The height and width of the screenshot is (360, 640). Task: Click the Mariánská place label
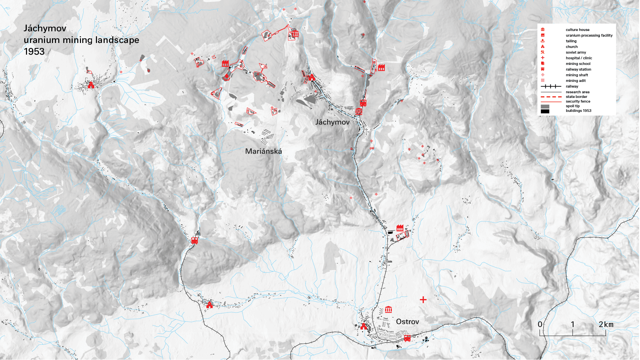pyautogui.click(x=263, y=152)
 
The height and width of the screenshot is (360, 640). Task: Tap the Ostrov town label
pyautogui.click(x=407, y=322)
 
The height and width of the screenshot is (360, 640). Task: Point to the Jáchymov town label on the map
pyautogui.click(x=332, y=122)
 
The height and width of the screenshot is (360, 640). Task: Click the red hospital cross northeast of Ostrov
pyautogui.click(x=423, y=300)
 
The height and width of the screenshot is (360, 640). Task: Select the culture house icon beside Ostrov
pyautogui.click(x=388, y=310)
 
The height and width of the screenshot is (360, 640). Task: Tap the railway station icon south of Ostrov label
pyautogui.click(x=407, y=338)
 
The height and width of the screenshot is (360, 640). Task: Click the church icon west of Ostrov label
pyautogui.click(x=363, y=326)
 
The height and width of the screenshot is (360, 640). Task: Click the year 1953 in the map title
pyautogui.click(x=34, y=52)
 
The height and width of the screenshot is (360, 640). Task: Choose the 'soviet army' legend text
pyautogui.click(x=576, y=52)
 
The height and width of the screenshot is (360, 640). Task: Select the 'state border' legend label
pyautogui.click(x=576, y=97)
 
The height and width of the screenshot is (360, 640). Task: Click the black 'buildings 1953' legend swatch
pyautogui.click(x=545, y=111)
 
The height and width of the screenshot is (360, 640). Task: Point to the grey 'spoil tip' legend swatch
pyautogui.click(x=545, y=107)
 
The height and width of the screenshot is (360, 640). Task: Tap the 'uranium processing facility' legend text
pyautogui.click(x=589, y=35)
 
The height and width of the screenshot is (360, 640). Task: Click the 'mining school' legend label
pyautogui.click(x=578, y=64)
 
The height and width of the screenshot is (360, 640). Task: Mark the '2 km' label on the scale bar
pyautogui.click(x=606, y=324)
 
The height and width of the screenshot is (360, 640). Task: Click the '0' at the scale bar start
pyautogui.click(x=540, y=324)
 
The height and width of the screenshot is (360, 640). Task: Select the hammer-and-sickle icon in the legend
pyautogui.click(x=543, y=52)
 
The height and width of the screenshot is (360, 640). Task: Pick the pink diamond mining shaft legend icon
pyautogui.click(x=543, y=75)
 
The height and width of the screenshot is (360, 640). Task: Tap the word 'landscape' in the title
pyautogui.click(x=117, y=40)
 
